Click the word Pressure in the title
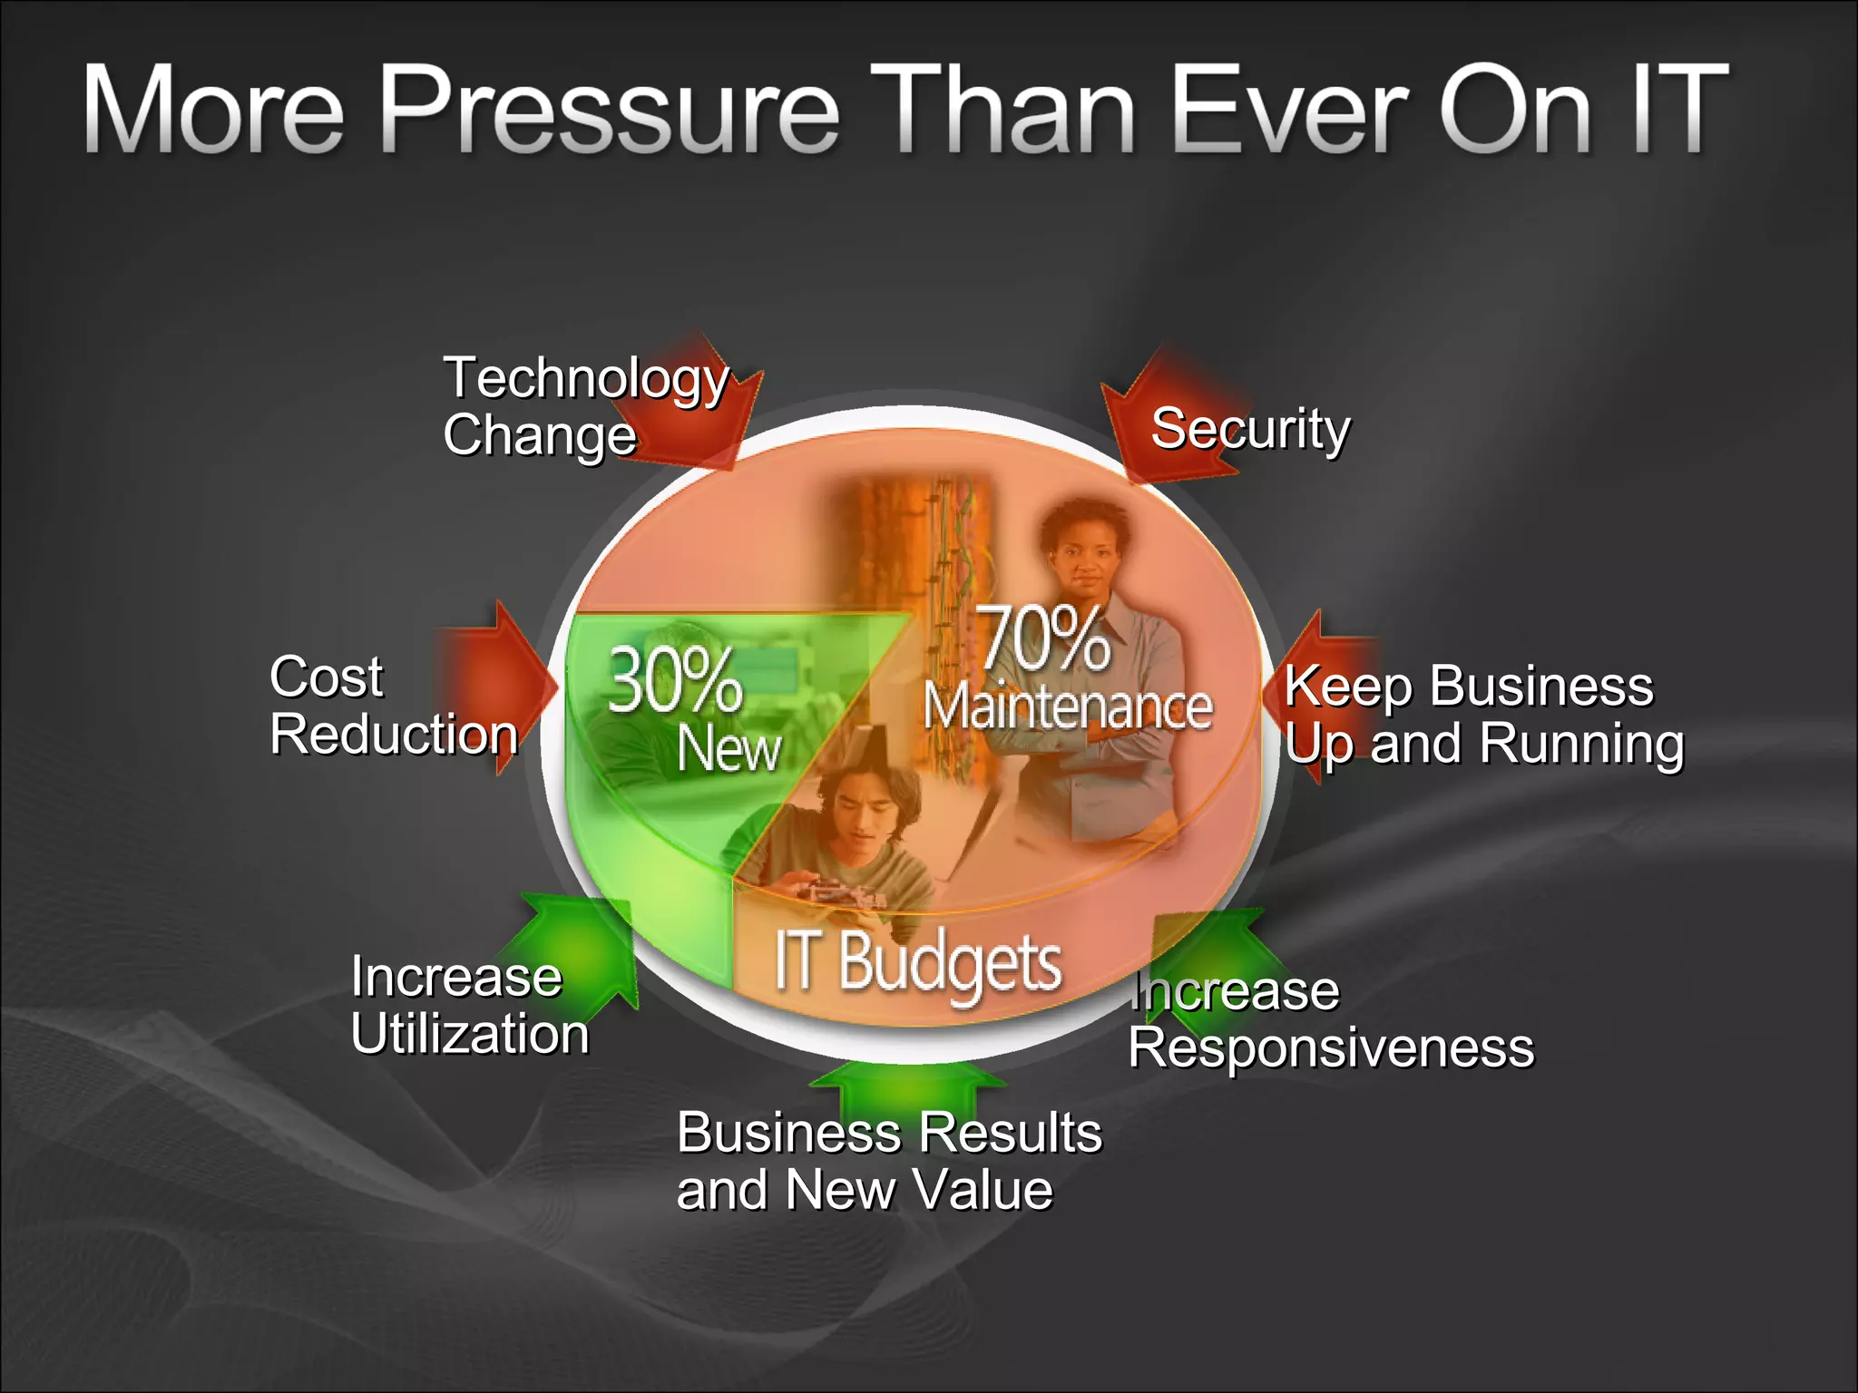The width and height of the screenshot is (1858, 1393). tap(610, 111)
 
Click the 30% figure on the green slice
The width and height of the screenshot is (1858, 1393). tap(674, 680)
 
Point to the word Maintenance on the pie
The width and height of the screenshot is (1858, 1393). tap(1067, 706)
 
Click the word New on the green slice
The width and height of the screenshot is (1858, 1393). tap(729, 749)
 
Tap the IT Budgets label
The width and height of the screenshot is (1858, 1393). tap(917, 962)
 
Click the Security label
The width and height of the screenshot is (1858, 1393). tap(1250, 429)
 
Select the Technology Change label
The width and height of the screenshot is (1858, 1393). tap(585, 405)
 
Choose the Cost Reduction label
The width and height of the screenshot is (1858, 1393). tap(393, 706)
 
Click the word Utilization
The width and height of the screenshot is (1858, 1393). tap(470, 1034)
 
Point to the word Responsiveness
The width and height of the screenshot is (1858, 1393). tap(1331, 1048)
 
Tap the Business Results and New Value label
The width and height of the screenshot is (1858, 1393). tap(889, 1161)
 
